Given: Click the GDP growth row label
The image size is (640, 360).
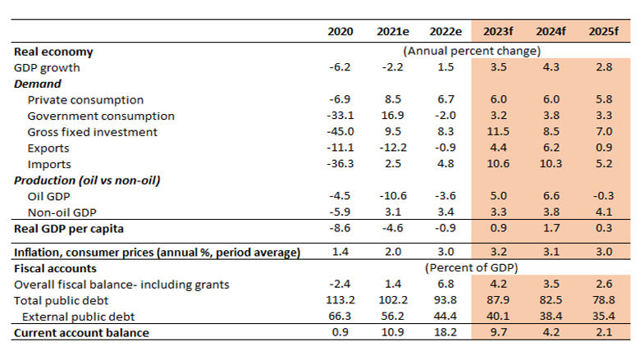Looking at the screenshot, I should coord(47,67).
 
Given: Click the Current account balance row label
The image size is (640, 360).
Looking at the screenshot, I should coord(81,332).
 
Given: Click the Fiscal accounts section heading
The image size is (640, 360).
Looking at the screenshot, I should coord(55,268).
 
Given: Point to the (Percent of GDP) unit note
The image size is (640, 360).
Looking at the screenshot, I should coord(471,268).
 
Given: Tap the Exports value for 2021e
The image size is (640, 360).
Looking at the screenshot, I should coord(391,148).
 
